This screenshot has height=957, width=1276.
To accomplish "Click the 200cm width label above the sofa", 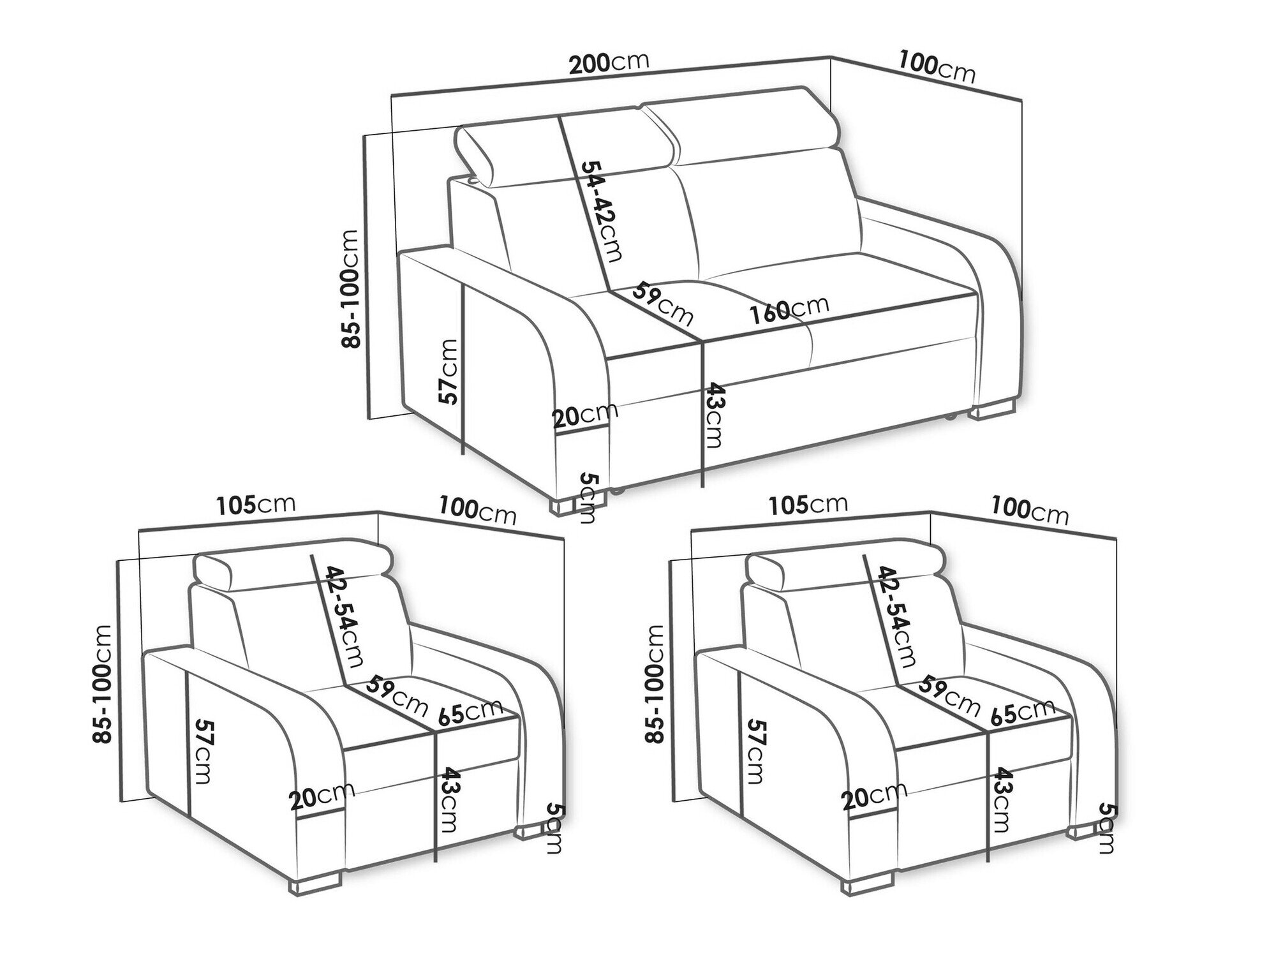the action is [x=609, y=63].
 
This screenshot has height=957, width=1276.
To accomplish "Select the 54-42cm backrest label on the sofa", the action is [x=600, y=210].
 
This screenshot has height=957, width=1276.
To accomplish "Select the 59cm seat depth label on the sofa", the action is [x=662, y=306].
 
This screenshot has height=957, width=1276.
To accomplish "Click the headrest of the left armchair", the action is [x=293, y=564].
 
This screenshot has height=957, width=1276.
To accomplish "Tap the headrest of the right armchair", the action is [x=845, y=564].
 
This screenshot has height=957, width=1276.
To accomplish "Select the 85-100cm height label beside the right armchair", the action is [x=655, y=683].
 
